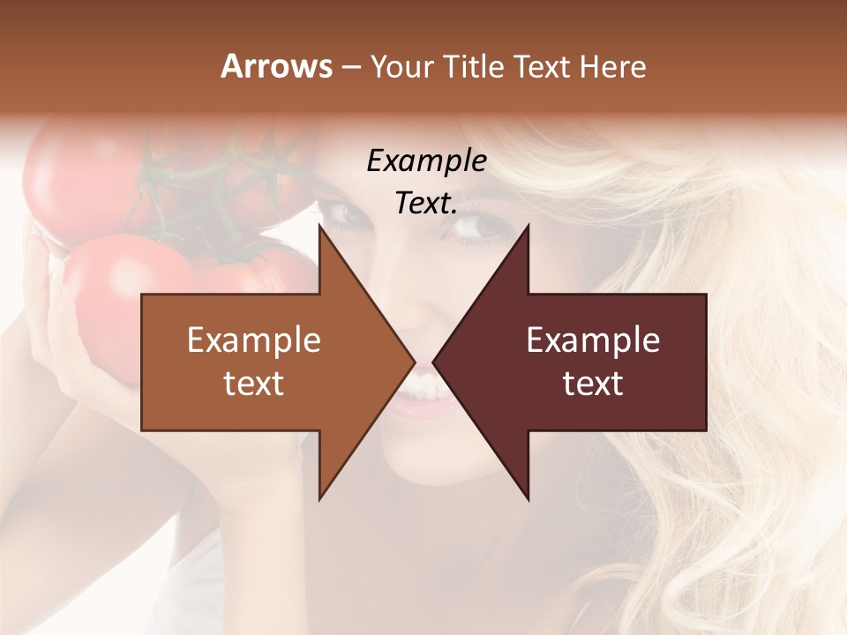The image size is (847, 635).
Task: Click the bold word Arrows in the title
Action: point(276,66)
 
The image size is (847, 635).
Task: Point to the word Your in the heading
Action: point(400,66)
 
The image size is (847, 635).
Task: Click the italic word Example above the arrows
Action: point(426,161)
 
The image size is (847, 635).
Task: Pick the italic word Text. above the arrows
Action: point(426,204)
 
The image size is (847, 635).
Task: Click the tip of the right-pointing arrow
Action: point(413,362)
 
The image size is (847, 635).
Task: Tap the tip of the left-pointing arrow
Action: point(435,362)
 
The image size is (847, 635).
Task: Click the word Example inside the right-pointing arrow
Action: point(254,340)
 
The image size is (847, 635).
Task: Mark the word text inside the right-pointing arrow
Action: point(254,384)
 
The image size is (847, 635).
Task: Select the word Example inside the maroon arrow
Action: point(593,340)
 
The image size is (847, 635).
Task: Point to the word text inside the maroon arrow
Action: point(593,384)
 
